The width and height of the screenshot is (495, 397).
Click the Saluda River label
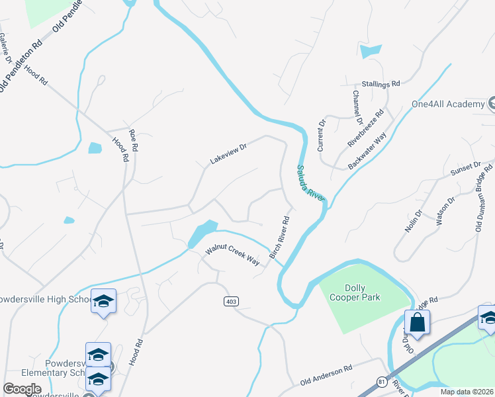pos(310,183)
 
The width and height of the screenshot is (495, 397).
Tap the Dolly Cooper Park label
pos(354,292)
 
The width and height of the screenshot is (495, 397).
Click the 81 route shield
pos(381,382)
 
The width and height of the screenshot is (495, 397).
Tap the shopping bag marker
pos(418,323)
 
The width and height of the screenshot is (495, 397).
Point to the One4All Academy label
pos(447,105)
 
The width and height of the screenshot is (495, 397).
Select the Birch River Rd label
pos(280,237)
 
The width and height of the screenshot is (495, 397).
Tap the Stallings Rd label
pos(381,84)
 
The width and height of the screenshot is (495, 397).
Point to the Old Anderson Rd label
pos(324,377)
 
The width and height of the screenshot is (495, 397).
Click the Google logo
pos(22,389)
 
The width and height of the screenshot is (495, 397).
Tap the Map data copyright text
pos(466,392)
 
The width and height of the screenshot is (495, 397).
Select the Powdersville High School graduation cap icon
pos(103,302)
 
